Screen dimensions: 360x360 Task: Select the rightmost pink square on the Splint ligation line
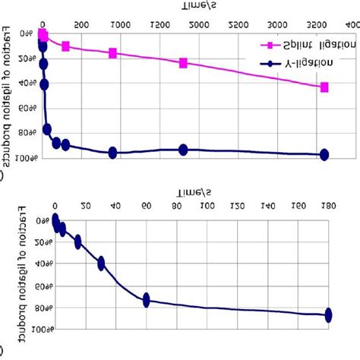[x=324, y=87]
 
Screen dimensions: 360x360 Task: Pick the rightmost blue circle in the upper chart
[x=324, y=154]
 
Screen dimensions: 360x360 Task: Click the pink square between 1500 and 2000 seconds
[x=183, y=63]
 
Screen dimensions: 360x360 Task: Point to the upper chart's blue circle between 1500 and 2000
[x=183, y=150]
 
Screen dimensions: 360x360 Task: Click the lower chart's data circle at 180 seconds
[x=328, y=314]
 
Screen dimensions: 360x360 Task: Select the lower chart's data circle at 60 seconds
[x=147, y=300]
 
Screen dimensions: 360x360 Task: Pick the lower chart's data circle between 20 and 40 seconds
[x=101, y=264]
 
